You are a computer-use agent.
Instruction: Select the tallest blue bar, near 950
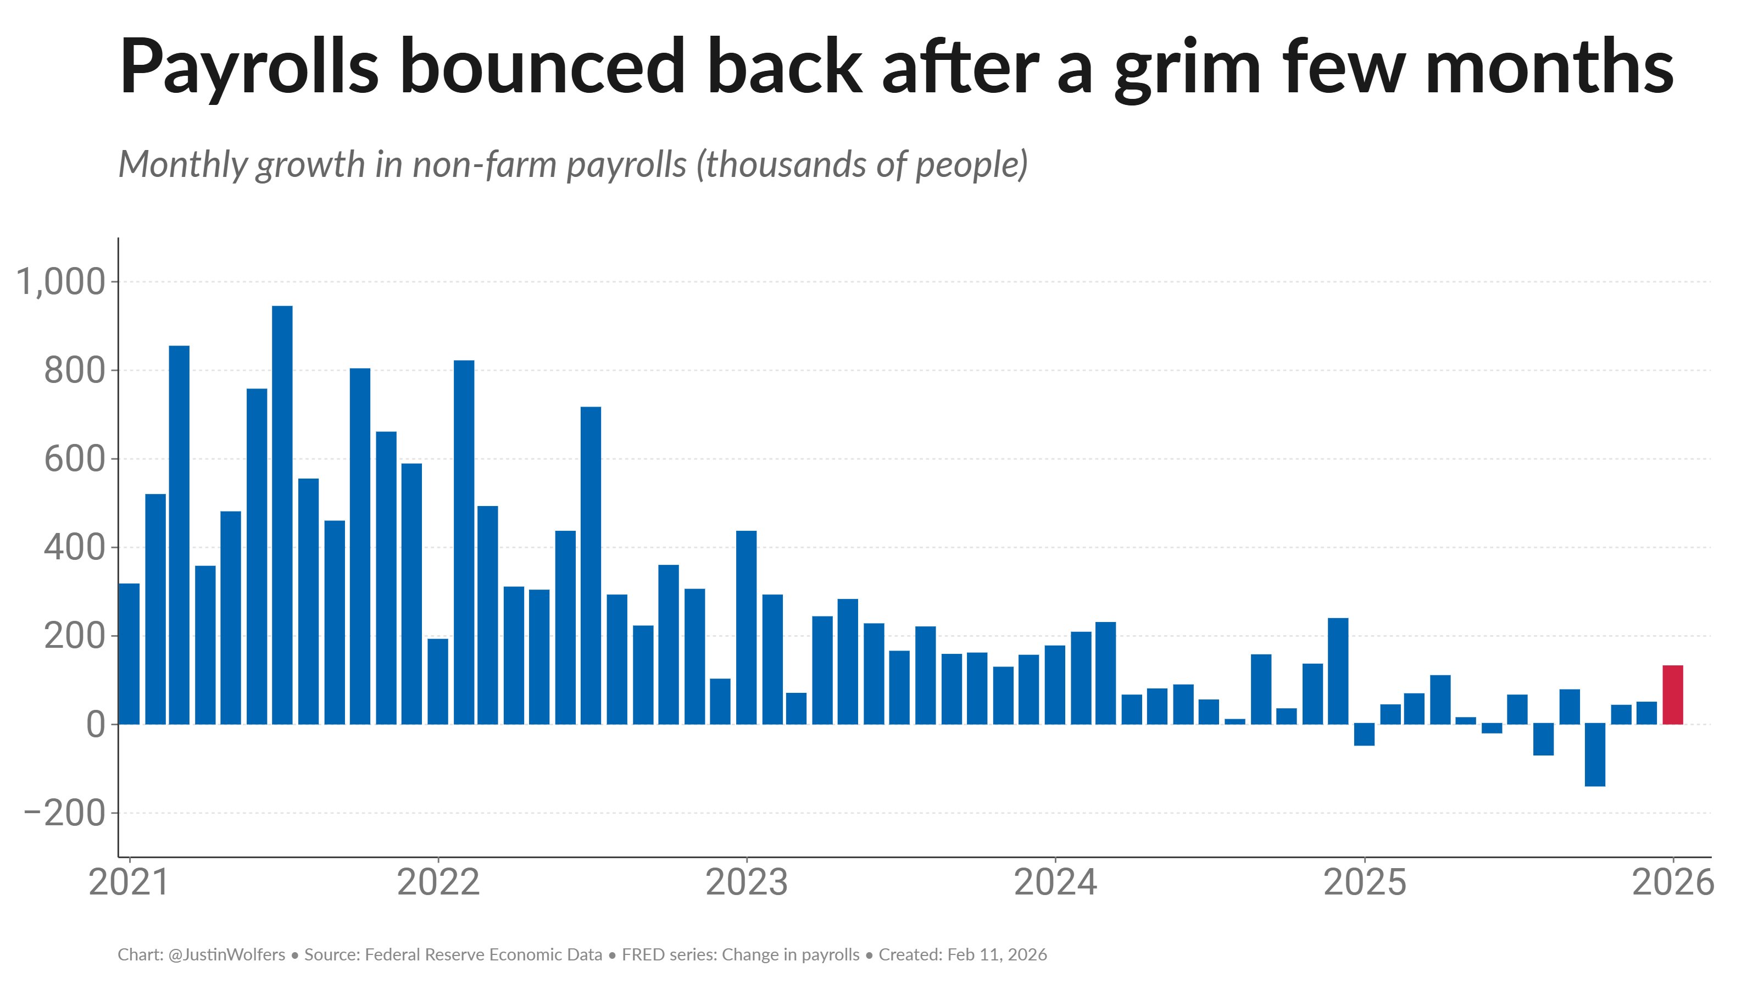[282, 515]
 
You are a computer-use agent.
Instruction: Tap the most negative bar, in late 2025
[1595, 754]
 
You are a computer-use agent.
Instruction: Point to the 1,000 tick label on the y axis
[61, 282]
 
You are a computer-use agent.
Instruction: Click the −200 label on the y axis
[65, 813]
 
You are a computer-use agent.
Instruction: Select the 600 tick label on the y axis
[75, 459]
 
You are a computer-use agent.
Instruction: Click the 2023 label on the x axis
[746, 882]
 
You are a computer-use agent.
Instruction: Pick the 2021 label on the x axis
[129, 882]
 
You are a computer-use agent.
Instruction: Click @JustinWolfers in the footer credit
[226, 954]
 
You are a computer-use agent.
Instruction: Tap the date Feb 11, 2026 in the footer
[997, 954]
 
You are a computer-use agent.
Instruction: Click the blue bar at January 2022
[437, 681]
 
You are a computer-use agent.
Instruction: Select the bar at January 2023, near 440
[746, 627]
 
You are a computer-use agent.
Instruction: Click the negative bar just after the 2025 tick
[1364, 735]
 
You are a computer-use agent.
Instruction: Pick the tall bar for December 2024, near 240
[1338, 671]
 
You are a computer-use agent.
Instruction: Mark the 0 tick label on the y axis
[96, 724]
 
